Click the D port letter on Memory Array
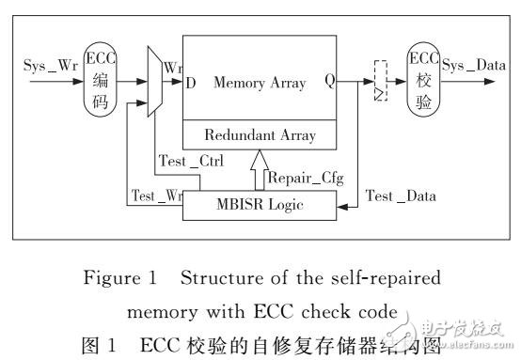[192, 84]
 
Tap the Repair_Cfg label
[300, 176]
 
